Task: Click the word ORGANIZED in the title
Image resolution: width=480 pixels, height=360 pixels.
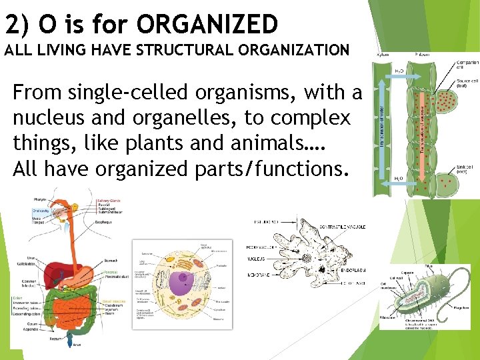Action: coord(207,25)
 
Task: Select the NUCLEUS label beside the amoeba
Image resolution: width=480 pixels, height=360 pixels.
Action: coord(255,259)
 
